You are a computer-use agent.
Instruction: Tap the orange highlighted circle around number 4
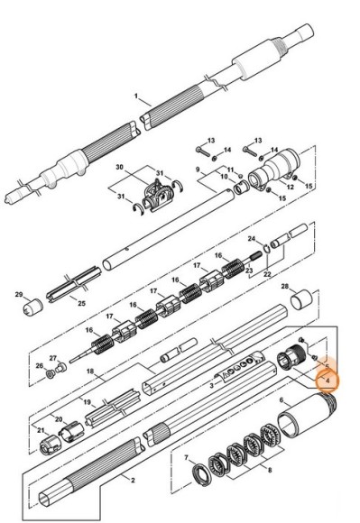click(328, 377)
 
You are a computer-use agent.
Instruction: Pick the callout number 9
click(198, 169)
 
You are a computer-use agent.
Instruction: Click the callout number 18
click(89, 371)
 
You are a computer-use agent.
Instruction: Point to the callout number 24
click(251, 239)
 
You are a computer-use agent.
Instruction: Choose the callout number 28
click(285, 287)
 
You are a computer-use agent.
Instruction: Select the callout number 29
click(18, 294)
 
